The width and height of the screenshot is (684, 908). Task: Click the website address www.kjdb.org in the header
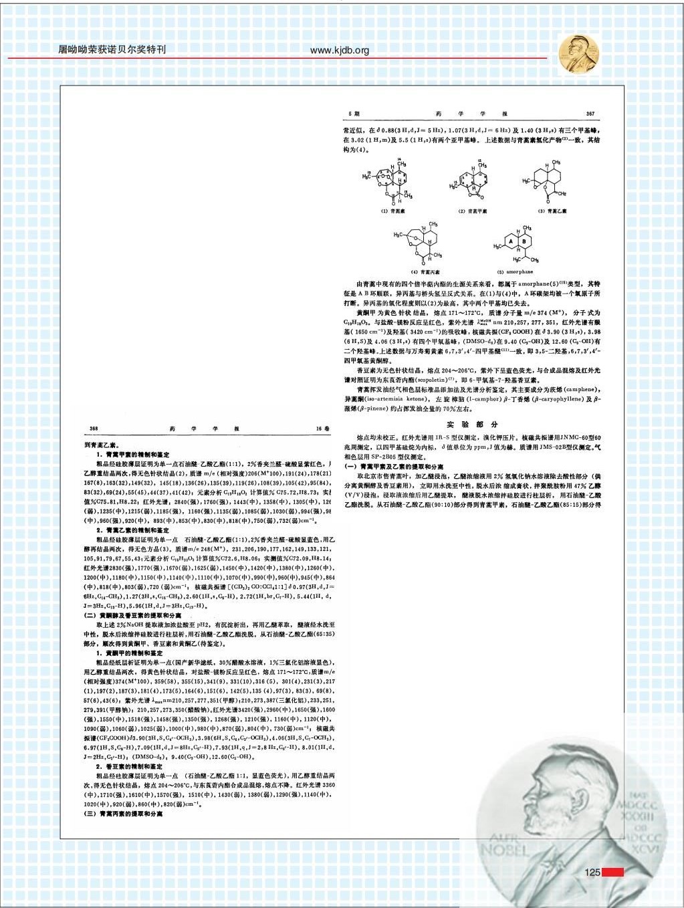coord(340,50)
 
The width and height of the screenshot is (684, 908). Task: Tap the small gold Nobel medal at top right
coord(578,53)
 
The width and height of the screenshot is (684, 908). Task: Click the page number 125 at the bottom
coord(592,872)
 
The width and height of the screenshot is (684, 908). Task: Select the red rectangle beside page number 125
coord(612,872)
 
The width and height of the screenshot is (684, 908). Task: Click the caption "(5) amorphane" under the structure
coord(516,272)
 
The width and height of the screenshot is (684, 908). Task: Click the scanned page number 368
coord(94,428)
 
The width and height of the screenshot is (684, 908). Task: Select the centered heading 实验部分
coord(473,425)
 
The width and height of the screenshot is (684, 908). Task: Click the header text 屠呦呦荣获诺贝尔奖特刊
coord(112,49)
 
